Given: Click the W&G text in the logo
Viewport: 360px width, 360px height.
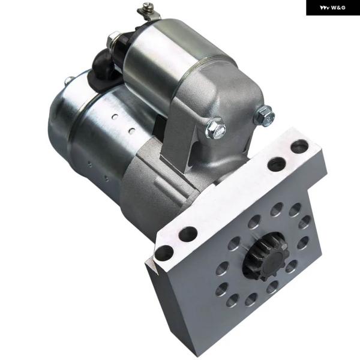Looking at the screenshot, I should pyautogui.click(x=338, y=8).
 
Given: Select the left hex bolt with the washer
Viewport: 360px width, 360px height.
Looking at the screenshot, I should pyautogui.click(x=215, y=128).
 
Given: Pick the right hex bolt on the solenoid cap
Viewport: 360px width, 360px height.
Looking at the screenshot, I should pyautogui.click(x=263, y=115).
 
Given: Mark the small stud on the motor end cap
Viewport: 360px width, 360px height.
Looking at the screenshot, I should pyautogui.click(x=70, y=80).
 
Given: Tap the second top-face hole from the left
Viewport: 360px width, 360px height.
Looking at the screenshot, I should pyautogui.click(x=188, y=234).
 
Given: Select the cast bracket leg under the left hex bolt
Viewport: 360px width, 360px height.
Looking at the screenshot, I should pyautogui.click(x=180, y=144).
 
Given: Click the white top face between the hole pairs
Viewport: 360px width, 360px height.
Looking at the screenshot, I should pyautogui.click(x=234, y=198).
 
